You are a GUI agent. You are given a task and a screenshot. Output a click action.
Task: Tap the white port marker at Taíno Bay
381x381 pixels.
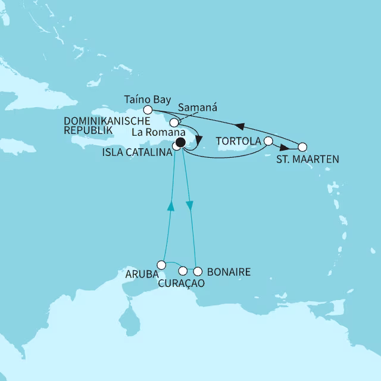click(149, 109)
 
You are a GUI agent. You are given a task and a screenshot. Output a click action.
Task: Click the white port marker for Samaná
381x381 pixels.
click(174, 122)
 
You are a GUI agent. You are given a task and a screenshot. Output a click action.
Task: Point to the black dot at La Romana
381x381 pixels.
click(180, 142)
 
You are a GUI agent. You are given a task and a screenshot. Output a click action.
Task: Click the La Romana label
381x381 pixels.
click(154, 132)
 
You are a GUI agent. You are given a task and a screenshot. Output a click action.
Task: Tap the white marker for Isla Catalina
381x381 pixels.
click(176, 146)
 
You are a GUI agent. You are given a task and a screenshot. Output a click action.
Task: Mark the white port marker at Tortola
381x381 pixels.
click(268, 141)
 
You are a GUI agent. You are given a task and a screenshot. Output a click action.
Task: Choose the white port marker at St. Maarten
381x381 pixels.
click(302, 146)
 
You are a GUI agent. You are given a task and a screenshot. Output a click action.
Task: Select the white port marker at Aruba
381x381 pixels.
click(161, 264)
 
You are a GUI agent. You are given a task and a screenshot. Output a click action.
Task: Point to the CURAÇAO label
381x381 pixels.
click(180, 284)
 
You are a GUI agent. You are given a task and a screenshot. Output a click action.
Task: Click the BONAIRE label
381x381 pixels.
click(227, 272)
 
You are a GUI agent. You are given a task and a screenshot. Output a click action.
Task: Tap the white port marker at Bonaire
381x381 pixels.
click(198, 271)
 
